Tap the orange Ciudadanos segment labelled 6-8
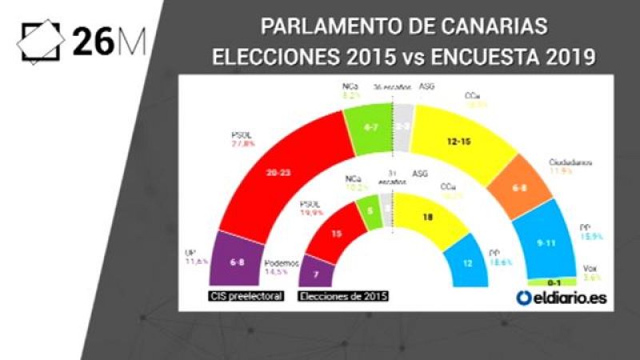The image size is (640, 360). [x=519, y=190]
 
